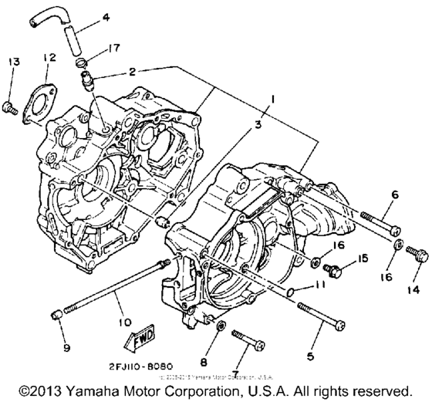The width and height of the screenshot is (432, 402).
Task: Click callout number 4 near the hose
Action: pyautogui.click(x=106, y=16)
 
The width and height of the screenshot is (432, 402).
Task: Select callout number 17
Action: pyautogui.click(x=115, y=48)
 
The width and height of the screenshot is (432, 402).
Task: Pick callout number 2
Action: pyautogui.click(x=132, y=71)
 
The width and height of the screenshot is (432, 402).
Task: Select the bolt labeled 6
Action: pyautogui.click(x=376, y=225)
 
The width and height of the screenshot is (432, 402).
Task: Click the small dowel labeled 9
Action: pyautogui.click(x=56, y=316)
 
